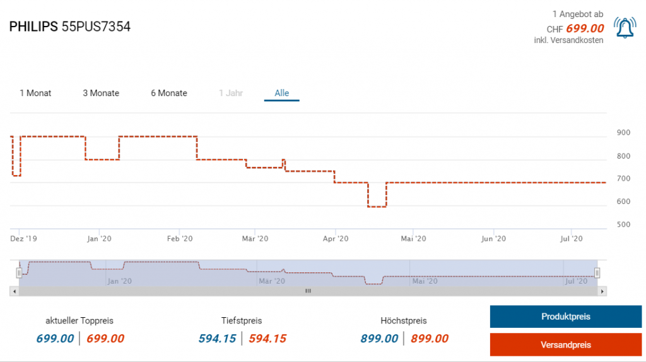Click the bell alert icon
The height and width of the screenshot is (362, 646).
coord(625,28)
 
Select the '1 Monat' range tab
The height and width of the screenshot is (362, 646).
coord(35,93)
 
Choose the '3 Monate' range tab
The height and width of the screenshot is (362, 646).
coord(101,93)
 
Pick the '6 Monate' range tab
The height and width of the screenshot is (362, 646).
coord(169,93)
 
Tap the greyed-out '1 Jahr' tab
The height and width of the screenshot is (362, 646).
coord(231,93)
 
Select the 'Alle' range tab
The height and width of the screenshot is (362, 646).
coord(281,93)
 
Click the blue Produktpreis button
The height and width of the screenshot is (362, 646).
coord(565,317)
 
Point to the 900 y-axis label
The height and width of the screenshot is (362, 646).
coord(623,133)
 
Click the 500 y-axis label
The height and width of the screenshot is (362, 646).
coord(623,224)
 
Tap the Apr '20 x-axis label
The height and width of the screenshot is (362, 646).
coord(336,239)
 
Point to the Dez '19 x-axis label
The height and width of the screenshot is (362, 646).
coord(24,239)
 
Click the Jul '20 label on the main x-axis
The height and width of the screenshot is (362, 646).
coord(572,239)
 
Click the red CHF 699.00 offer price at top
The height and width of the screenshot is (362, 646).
coord(585,28)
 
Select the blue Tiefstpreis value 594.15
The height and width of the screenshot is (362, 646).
coord(218,339)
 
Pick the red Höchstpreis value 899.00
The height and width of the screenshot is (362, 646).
coord(430,339)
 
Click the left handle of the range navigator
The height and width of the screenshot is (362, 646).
coord(19,272)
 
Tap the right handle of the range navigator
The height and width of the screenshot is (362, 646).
coord(597,272)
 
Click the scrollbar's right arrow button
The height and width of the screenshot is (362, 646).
coord(602,291)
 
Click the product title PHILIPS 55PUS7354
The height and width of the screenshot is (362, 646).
coord(70,27)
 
